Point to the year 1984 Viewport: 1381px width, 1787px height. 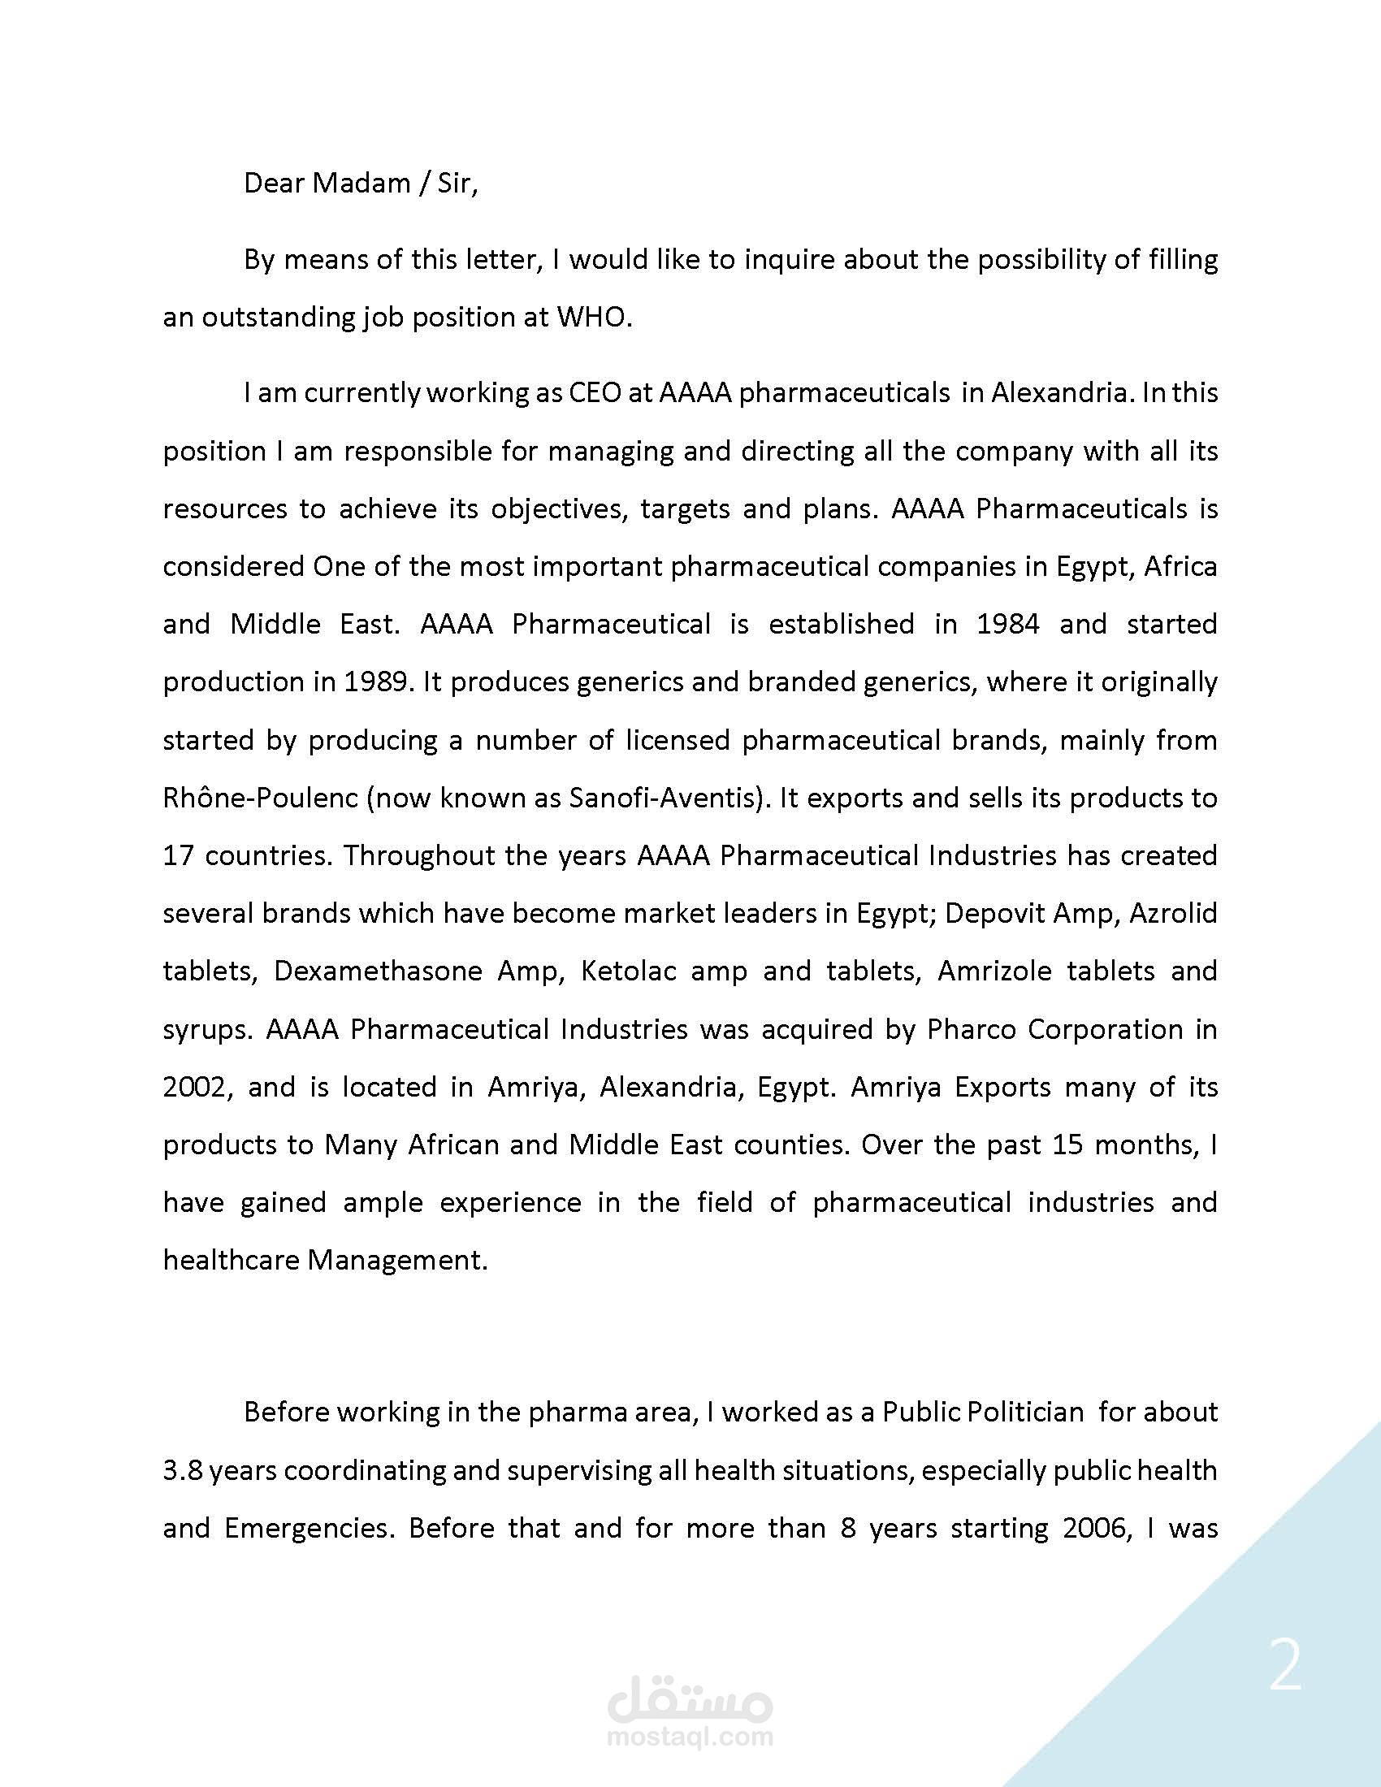pos(1008,625)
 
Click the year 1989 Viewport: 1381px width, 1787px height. pos(375,682)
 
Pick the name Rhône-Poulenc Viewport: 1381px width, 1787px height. pos(261,798)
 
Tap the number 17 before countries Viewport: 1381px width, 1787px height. pos(177,856)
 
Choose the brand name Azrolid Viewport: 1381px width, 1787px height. pos(1173,914)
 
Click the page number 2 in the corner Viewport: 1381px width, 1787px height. pos(1285,1667)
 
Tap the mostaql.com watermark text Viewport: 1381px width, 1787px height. pos(690,1737)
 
